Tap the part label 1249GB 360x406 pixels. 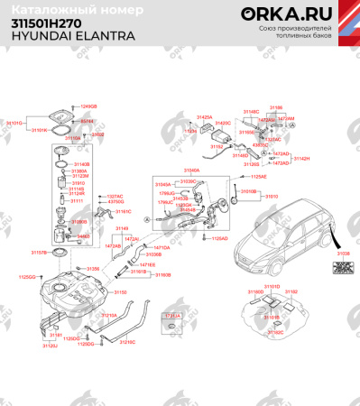pyautogui.click(x=88, y=106)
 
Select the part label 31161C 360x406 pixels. pyautogui.click(x=123, y=211)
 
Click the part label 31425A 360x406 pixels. pyautogui.click(x=205, y=116)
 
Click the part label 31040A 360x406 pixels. pyautogui.click(x=192, y=169)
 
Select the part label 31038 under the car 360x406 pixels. pyautogui.click(x=343, y=255)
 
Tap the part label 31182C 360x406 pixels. pyautogui.click(x=273, y=332)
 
